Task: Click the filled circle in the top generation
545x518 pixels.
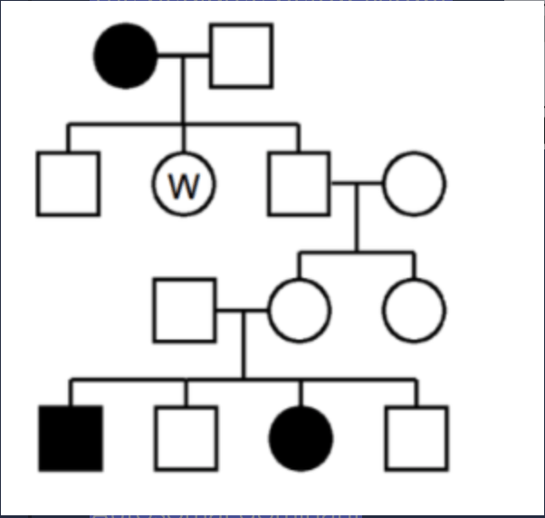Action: click(x=126, y=56)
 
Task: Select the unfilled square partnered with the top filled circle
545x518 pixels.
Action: click(x=241, y=55)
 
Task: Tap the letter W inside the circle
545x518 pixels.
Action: click(x=184, y=186)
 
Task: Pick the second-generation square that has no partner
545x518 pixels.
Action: click(x=69, y=184)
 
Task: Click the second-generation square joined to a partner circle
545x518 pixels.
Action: click(x=299, y=184)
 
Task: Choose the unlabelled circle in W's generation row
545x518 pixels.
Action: click(x=414, y=184)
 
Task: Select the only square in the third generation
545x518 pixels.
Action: click(x=185, y=311)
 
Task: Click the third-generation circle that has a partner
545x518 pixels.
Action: click(x=300, y=311)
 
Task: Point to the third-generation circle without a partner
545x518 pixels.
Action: click(x=414, y=311)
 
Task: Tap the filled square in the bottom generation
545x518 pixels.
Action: click(x=71, y=438)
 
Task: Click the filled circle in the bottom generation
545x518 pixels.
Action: click(x=301, y=438)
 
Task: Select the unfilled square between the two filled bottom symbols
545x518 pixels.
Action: click(x=186, y=438)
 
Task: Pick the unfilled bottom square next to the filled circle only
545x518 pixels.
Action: click(x=416, y=438)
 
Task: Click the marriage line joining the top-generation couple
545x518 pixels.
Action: click(x=184, y=55)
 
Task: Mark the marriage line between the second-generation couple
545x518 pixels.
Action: click(x=357, y=183)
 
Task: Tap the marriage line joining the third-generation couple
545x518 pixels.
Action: click(x=243, y=310)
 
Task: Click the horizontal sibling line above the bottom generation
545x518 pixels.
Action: click(x=244, y=379)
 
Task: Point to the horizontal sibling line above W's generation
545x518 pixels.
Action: click(x=184, y=124)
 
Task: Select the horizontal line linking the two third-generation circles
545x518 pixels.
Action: click(x=357, y=252)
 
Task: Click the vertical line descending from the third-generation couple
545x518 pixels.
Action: click(x=244, y=344)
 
